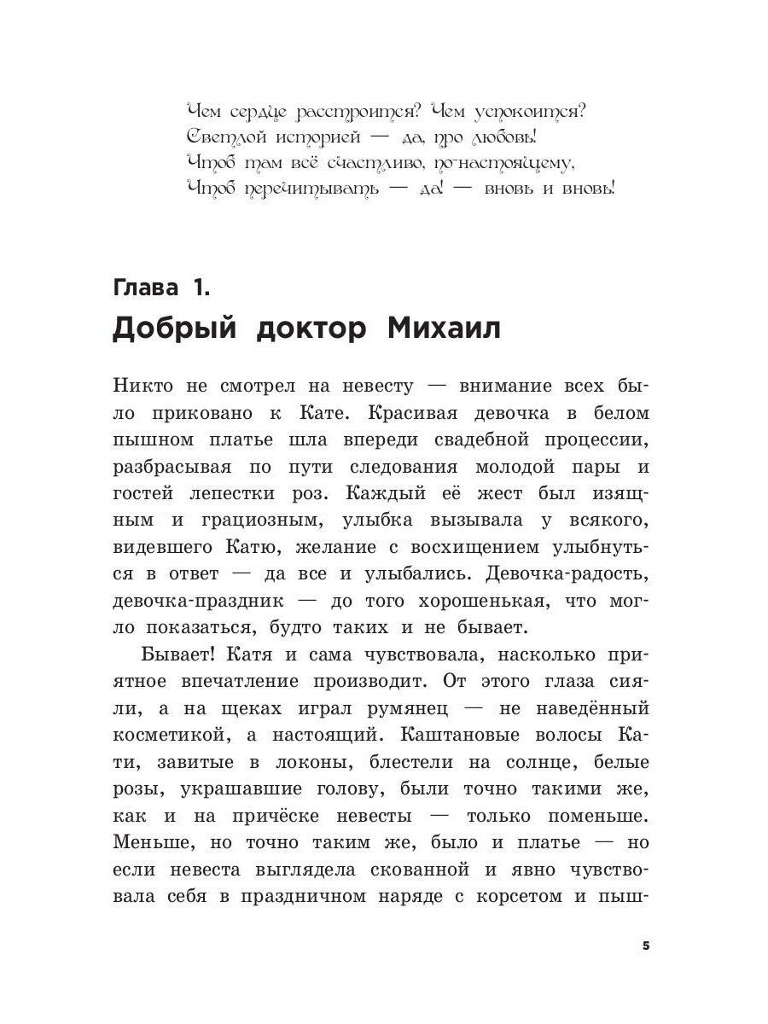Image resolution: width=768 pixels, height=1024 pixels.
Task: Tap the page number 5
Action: [x=646, y=946]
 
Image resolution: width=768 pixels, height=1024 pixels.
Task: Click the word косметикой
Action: [x=168, y=735]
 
